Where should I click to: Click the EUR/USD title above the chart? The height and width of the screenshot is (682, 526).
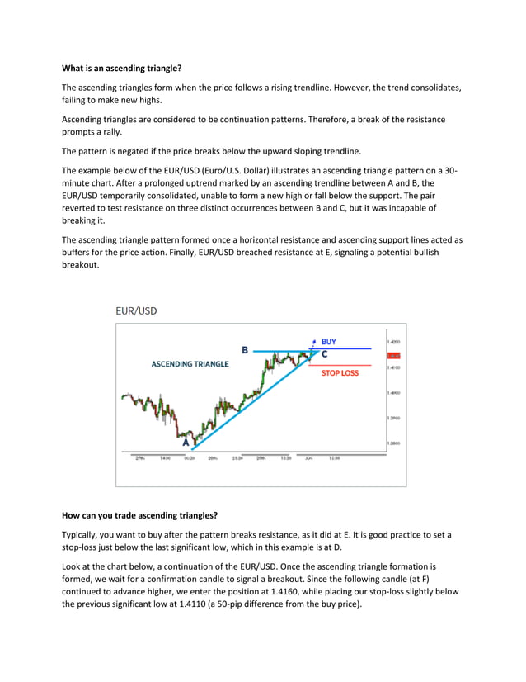[x=135, y=311]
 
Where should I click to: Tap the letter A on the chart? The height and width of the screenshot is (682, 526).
[x=186, y=441]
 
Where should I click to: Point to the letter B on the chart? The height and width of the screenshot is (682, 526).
[x=244, y=350]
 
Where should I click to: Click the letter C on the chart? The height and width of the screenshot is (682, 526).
[x=324, y=353]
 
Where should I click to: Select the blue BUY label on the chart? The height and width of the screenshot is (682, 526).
[x=328, y=341]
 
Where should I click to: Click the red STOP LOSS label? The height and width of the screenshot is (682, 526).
[x=340, y=372]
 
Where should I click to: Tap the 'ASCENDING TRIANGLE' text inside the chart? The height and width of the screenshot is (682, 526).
[x=190, y=363]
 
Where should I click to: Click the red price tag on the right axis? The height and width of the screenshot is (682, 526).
[x=393, y=354]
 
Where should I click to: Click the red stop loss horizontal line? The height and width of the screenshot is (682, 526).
[x=346, y=365]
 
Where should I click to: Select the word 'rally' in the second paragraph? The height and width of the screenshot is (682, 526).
[x=111, y=132]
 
